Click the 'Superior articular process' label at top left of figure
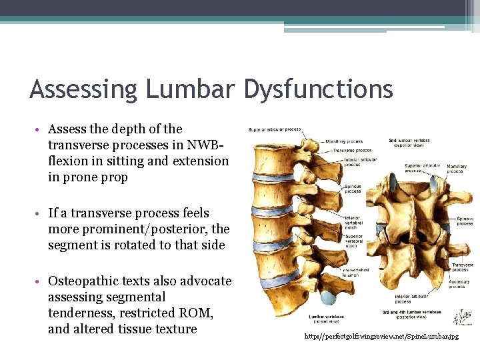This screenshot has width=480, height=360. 274,129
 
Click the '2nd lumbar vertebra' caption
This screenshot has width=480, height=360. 409,143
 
